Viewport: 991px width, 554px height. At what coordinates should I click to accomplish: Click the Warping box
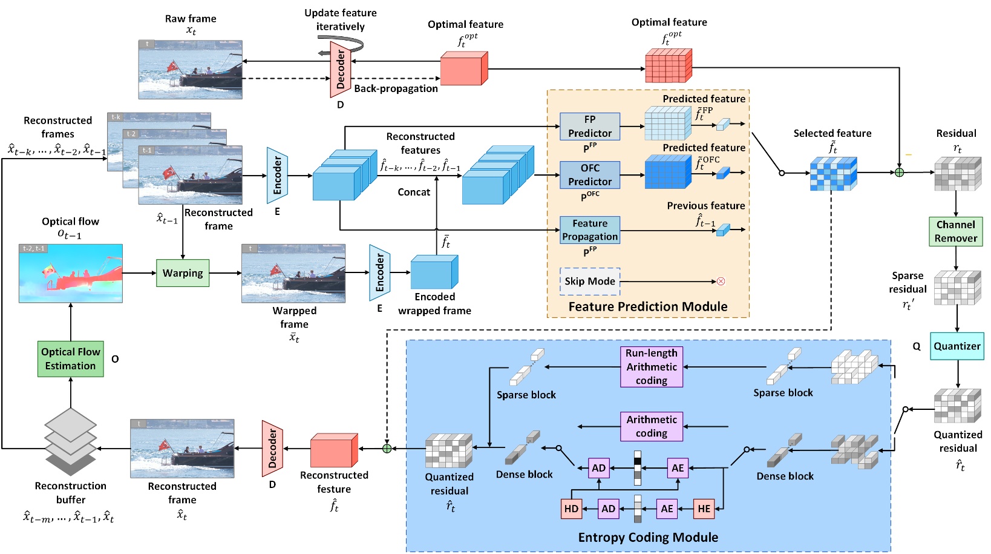point(183,273)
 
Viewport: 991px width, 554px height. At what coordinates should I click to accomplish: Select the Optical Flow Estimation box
point(70,359)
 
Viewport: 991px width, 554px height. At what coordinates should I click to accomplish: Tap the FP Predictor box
point(589,127)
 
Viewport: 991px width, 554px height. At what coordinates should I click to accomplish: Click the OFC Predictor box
point(589,175)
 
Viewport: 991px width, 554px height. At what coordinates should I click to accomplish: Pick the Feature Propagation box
point(589,230)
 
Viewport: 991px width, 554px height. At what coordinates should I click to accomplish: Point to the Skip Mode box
point(589,282)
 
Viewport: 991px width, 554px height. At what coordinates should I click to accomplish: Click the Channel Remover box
point(955,231)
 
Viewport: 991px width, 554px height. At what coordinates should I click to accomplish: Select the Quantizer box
point(957,346)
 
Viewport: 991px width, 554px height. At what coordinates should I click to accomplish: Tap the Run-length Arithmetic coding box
point(651,367)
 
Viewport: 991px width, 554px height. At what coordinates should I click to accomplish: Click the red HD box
point(571,509)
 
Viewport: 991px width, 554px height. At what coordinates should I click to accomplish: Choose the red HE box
point(704,509)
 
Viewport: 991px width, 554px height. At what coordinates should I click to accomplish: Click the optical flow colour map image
point(71,274)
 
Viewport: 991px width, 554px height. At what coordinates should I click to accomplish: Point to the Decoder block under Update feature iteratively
point(340,69)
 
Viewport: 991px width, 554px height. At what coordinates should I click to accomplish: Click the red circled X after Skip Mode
point(721,282)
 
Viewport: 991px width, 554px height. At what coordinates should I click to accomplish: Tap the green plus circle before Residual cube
point(899,173)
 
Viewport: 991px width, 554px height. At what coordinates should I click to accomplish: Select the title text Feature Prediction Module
point(647,307)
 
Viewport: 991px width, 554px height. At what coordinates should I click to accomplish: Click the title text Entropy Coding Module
point(647,538)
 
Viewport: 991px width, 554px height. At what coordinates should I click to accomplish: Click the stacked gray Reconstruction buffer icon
point(70,442)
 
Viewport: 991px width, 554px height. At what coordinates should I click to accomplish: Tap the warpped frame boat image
point(293,274)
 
